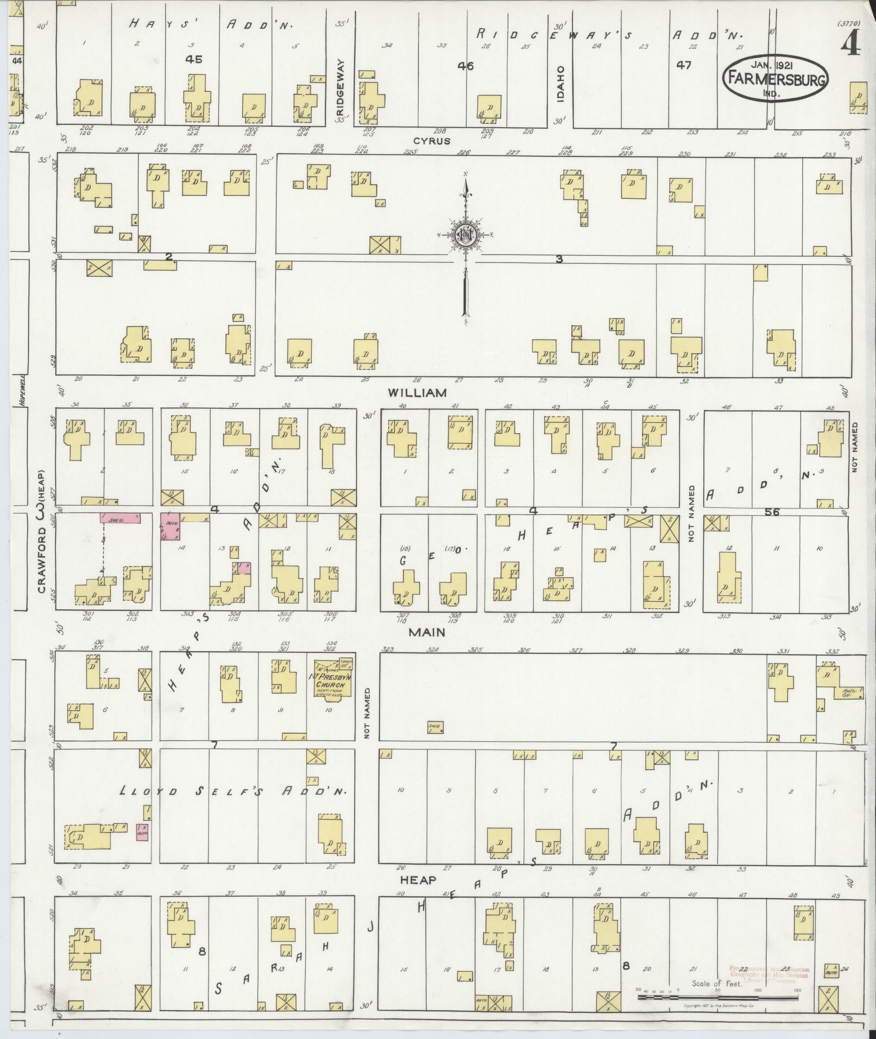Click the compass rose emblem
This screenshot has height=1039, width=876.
coord(465,235)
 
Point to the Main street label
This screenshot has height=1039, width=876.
coord(427,632)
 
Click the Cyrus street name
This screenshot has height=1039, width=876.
coord(432,141)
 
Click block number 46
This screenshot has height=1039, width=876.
coord(465,66)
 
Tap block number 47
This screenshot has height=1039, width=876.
coord(684,65)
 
